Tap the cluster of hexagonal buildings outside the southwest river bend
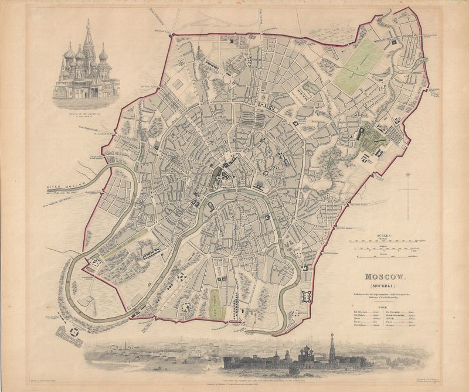(69, 333)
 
